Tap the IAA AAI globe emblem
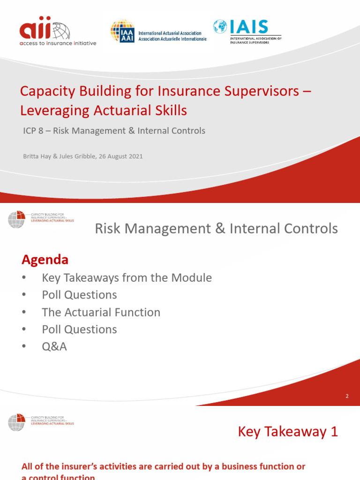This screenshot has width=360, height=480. pos(121,31)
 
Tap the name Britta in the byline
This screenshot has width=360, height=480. pos(31,157)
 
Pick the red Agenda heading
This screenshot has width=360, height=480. pos(45,259)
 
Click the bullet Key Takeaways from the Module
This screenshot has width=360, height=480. pos(127,278)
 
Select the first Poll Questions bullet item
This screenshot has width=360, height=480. pos(79,295)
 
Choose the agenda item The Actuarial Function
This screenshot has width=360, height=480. pos(101,312)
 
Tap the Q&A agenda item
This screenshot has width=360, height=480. pos(54,347)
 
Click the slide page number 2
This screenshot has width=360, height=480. pos(347,396)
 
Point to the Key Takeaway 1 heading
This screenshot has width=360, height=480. pos(288,432)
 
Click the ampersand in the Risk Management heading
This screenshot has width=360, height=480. pos(220,229)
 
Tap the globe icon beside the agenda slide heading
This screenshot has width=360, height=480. pos(16,220)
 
